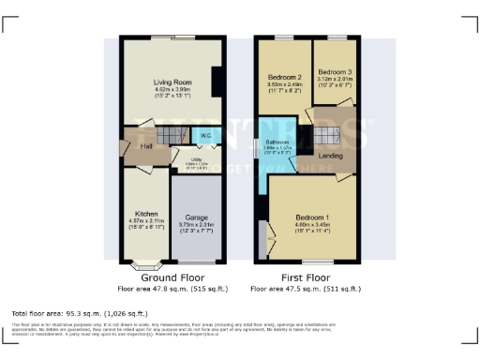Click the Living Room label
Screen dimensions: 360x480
coord(172,82)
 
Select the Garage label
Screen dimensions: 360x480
coord(196,217)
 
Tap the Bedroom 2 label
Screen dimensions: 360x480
coord(284,77)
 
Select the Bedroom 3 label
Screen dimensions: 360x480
coord(334,72)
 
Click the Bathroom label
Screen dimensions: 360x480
coord(277,142)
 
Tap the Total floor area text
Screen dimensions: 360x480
coord(80,312)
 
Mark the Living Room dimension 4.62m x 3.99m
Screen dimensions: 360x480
coord(172,89)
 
